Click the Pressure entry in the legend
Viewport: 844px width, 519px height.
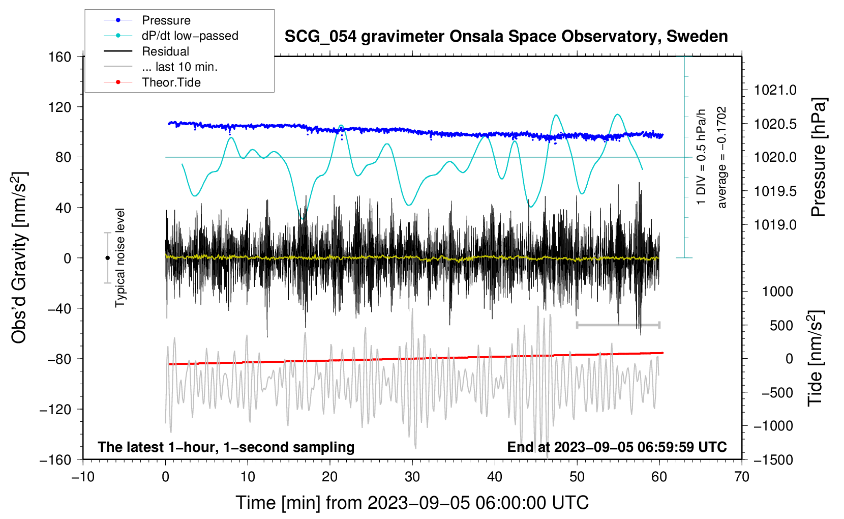point(166,20)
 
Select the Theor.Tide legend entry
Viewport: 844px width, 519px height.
point(171,82)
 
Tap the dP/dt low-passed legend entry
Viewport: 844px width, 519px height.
point(190,36)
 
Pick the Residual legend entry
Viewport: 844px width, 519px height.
point(165,51)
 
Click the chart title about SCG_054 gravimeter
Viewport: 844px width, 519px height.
point(506,37)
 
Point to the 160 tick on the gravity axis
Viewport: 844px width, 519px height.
point(60,56)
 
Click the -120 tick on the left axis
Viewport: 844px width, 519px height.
point(56,409)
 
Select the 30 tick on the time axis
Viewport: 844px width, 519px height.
point(412,477)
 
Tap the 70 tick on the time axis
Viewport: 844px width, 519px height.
point(742,477)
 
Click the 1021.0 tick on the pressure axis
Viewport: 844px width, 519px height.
point(775,90)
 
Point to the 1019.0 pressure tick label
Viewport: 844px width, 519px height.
point(775,224)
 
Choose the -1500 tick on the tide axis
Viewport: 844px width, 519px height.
point(773,459)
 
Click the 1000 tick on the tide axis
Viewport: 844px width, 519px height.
point(777,292)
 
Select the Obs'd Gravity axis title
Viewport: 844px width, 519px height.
point(19,257)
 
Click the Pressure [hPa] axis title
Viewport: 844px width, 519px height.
point(818,157)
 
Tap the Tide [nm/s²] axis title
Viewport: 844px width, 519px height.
point(815,358)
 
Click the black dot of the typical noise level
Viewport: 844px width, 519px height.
point(107,258)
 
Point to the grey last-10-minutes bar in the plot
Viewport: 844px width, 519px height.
point(618,325)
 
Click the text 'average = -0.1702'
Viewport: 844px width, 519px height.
point(722,157)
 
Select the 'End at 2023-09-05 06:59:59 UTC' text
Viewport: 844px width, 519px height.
point(617,447)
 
